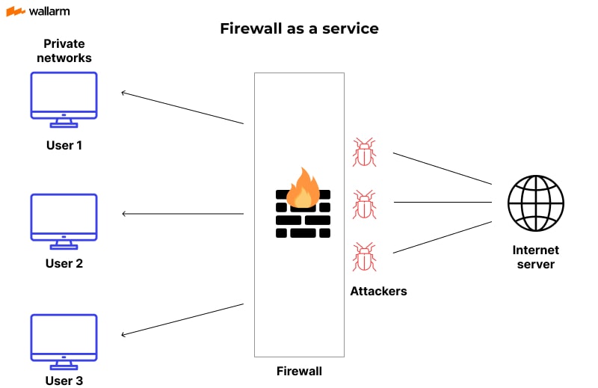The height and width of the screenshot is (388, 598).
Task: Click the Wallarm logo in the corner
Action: point(38,12)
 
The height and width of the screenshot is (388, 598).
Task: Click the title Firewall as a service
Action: point(299,29)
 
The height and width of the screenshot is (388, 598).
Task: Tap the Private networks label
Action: point(64,51)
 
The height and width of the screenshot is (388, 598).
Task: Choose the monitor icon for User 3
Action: point(64,339)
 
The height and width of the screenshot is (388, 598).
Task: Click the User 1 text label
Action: point(64,145)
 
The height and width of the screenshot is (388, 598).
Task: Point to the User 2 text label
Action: point(64,263)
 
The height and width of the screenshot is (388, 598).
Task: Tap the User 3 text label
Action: point(64,381)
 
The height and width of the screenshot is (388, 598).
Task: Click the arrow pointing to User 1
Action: point(182,108)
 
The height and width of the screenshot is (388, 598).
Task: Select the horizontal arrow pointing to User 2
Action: point(182,215)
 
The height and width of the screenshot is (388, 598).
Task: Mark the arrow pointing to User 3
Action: point(182,319)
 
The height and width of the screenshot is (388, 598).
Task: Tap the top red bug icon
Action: point(364,152)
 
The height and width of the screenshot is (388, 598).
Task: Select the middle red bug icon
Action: point(364,204)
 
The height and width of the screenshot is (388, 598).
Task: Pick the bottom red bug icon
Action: point(364,256)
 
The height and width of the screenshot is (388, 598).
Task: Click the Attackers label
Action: point(378,291)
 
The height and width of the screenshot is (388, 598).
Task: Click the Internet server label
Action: point(535,257)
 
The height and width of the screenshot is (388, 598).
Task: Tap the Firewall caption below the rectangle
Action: point(299,370)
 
